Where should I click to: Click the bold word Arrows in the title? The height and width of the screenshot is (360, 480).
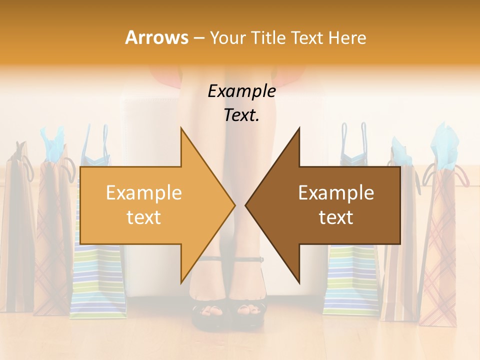(156, 37)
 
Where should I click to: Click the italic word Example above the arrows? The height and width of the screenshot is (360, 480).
(241, 91)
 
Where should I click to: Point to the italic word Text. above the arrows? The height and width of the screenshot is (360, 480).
(241, 115)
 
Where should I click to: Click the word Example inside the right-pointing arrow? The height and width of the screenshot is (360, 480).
(144, 192)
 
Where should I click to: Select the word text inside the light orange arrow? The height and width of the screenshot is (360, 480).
(144, 217)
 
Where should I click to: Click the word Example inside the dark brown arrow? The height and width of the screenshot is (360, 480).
(336, 192)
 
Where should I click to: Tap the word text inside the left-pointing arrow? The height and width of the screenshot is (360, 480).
(336, 217)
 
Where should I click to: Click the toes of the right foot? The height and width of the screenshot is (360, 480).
(250, 310)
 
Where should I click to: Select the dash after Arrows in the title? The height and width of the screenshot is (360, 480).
(198, 38)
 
